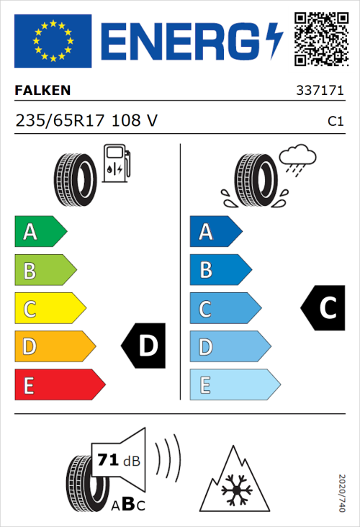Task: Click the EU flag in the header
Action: (53, 41)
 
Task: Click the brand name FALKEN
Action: (42, 91)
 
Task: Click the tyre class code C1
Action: (335, 122)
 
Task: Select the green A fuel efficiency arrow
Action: (40, 232)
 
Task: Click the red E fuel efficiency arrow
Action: (59, 384)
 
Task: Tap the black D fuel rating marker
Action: (145, 346)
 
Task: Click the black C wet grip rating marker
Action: (324, 308)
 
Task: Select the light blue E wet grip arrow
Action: (234, 384)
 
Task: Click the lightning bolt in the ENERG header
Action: (274, 40)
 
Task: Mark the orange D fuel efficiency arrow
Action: (54, 346)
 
